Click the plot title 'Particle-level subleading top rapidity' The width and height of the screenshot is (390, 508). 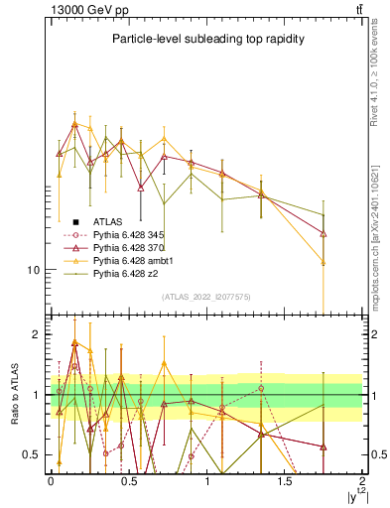pyautogui.click(x=206, y=39)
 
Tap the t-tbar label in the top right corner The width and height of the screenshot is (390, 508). pyautogui.click(x=356, y=9)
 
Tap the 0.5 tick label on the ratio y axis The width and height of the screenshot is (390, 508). pyautogui.click(x=33, y=455)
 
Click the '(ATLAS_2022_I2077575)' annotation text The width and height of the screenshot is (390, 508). pyautogui.click(x=206, y=297)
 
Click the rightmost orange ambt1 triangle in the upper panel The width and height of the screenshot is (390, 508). pyautogui.click(x=324, y=262)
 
